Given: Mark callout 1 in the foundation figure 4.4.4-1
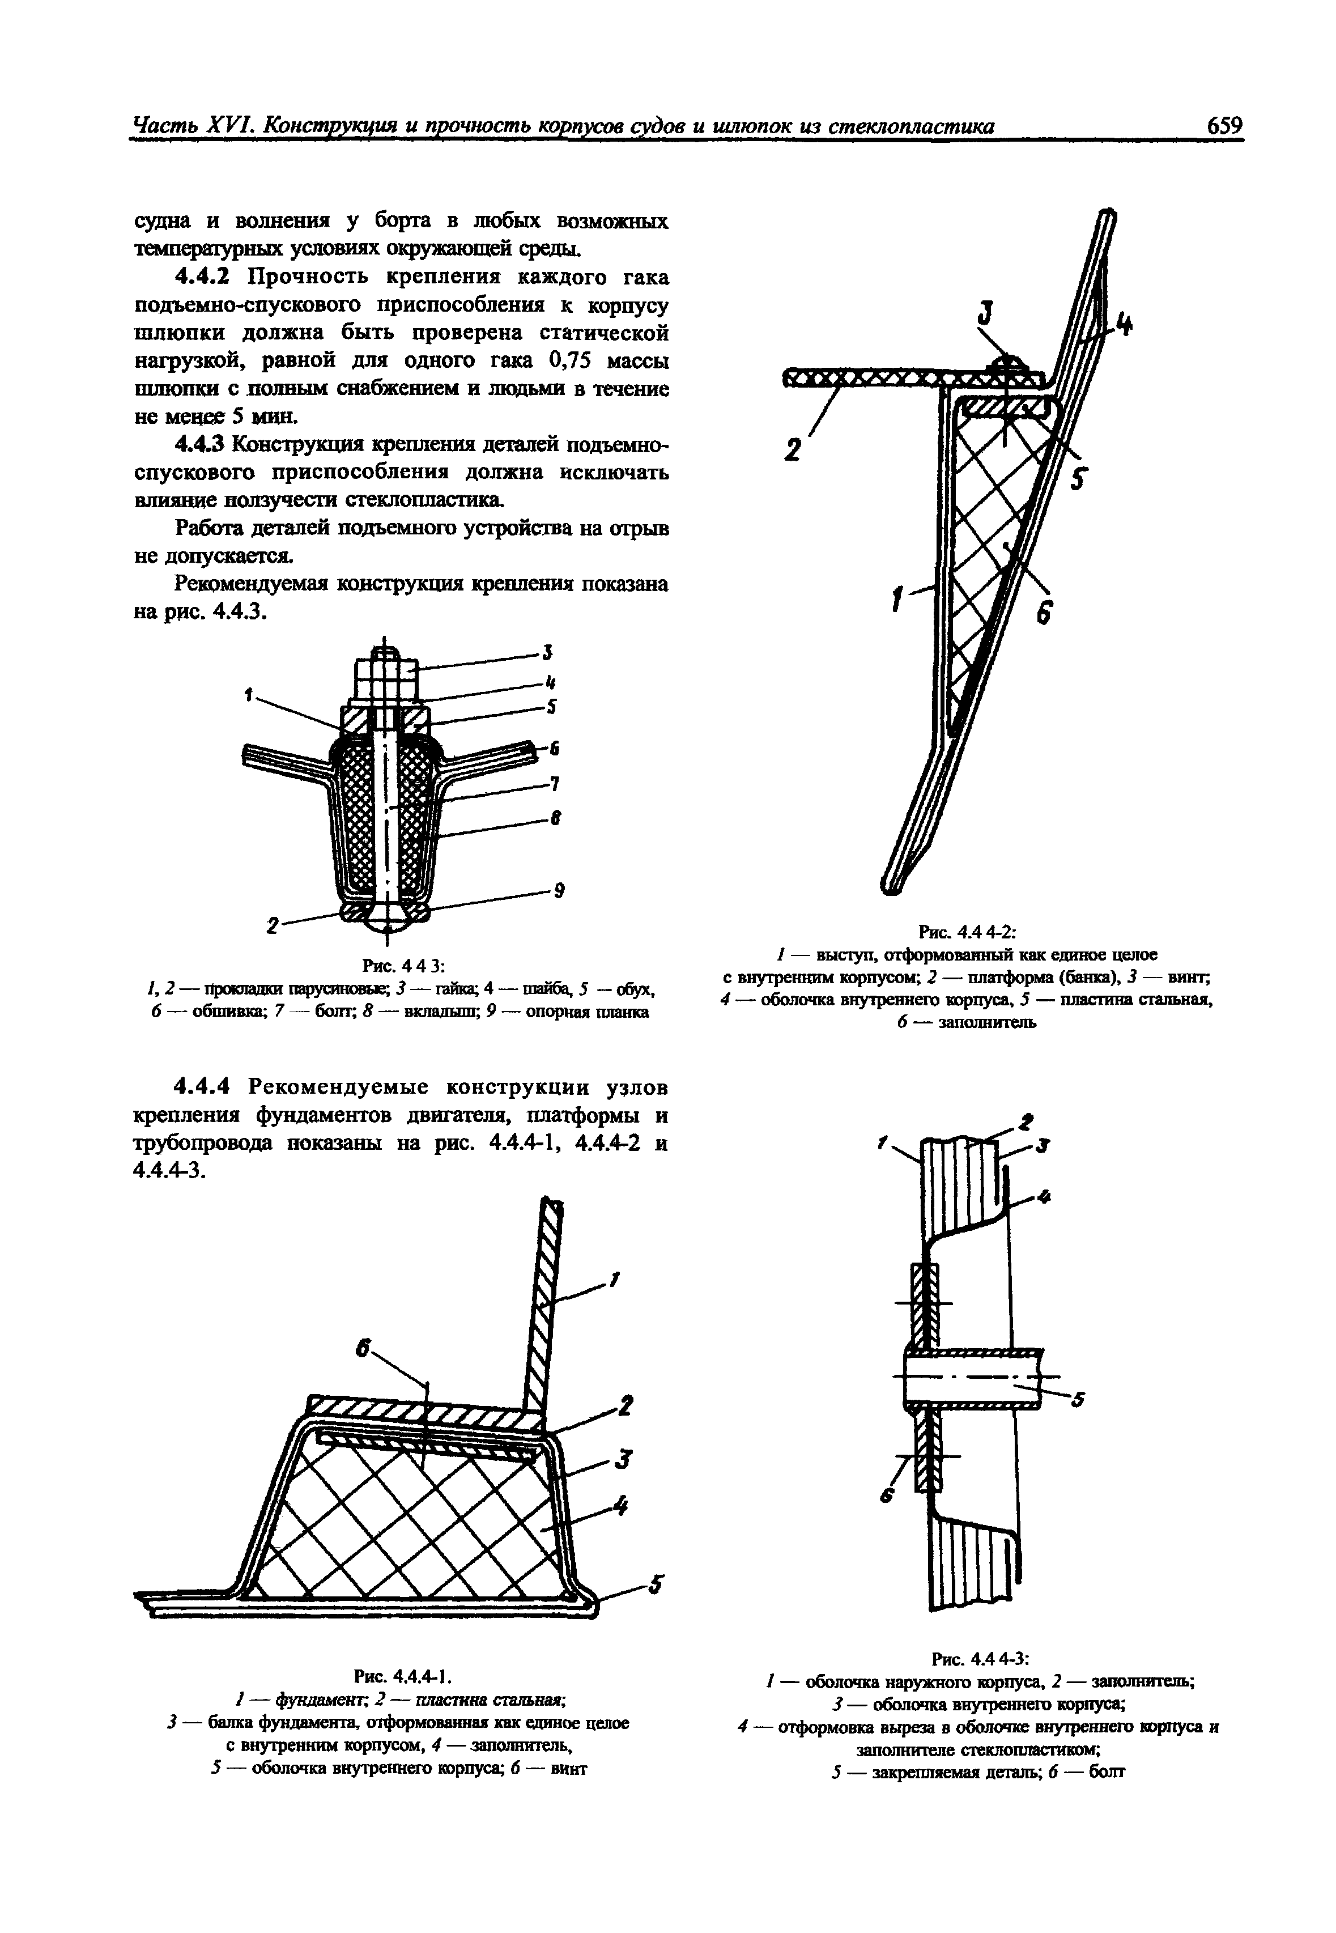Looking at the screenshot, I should tap(615, 1279).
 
